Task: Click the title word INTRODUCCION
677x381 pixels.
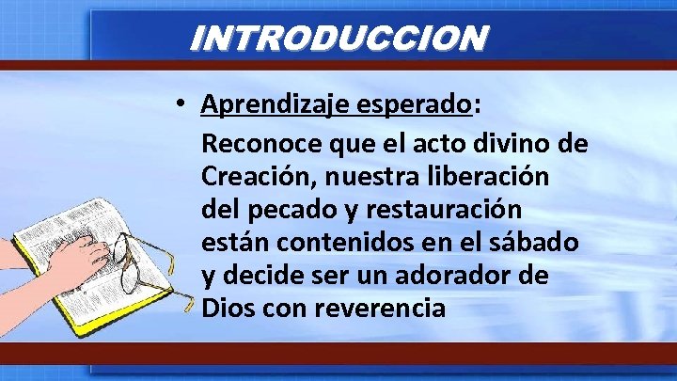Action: pos(338,38)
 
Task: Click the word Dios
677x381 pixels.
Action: pos(225,306)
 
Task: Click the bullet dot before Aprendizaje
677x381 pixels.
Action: pos(181,104)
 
